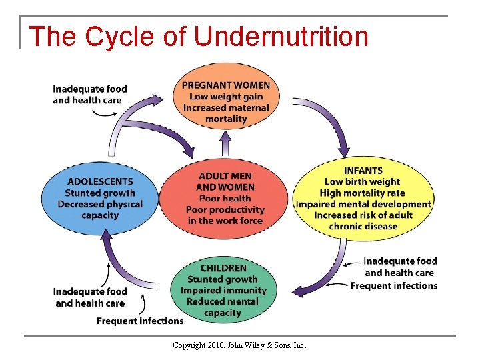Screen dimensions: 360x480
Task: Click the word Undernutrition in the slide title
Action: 281,36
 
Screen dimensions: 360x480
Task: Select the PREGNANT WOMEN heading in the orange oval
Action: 226,85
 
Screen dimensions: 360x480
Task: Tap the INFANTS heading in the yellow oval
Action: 363,171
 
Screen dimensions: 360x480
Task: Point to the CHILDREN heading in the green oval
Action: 223,268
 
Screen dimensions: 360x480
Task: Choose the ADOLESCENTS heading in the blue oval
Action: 100,181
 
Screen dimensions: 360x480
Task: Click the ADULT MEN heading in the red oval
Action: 225,176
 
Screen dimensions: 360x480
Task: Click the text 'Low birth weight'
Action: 363,182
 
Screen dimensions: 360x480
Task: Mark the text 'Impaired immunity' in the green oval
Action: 223,291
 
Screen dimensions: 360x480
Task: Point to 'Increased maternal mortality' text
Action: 226,113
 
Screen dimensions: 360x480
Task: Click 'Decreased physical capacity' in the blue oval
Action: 100,209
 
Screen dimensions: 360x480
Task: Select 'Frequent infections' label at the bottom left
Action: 140,321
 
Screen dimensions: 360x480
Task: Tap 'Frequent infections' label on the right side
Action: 394,286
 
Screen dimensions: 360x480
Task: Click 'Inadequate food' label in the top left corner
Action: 90,89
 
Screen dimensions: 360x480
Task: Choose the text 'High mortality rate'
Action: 363,193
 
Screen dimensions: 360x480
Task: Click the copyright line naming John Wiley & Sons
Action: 239,345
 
